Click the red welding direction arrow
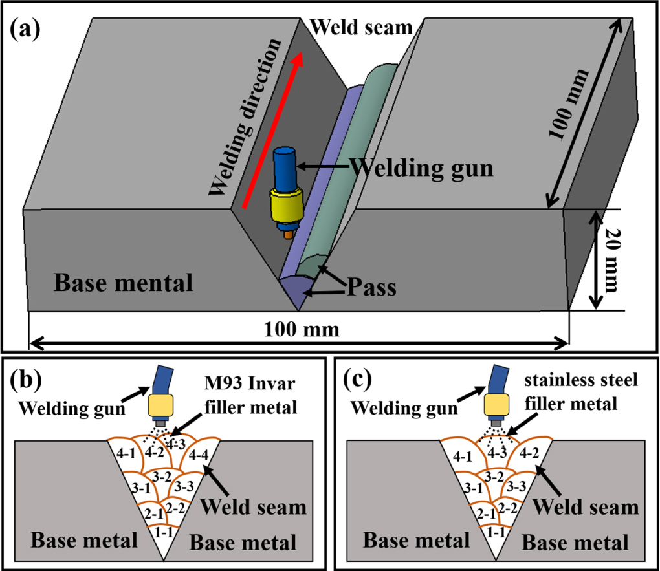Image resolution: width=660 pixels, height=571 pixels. [272, 129]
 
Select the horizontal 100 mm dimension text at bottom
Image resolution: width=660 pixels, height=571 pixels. [302, 330]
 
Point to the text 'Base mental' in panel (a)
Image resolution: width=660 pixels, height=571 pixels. [123, 283]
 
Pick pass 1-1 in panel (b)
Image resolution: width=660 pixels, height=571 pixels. [164, 528]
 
